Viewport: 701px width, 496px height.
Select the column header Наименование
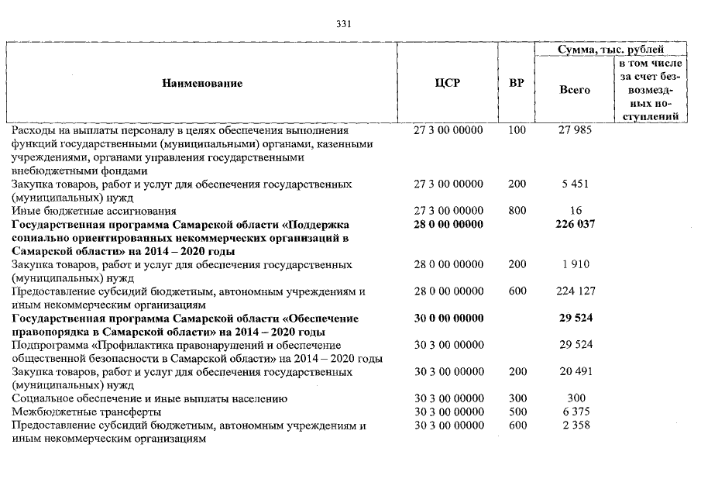tap(202, 84)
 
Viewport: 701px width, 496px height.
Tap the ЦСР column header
tap(448, 84)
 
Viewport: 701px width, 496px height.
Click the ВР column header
tap(516, 84)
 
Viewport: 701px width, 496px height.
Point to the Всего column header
tap(574, 90)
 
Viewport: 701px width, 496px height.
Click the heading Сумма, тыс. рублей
tap(610, 50)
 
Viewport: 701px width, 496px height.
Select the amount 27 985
tap(574, 130)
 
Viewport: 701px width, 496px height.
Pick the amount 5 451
tap(574, 184)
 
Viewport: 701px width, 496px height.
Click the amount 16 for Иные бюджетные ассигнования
tap(574, 211)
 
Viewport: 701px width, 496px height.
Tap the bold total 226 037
tap(574, 225)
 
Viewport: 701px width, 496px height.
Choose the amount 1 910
tap(574, 265)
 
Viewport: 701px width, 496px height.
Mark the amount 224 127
tap(574, 291)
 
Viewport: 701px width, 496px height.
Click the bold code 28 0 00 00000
tap(448, 225)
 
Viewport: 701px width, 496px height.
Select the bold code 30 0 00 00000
tap(448, 319)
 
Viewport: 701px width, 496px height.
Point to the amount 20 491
tap(574, 372)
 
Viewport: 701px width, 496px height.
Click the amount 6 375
tap(574, 412)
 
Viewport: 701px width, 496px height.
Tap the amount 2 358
tap(574, 425)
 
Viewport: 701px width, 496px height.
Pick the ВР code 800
tap(517, 211)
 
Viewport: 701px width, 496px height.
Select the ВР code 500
tap(517, 412)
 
